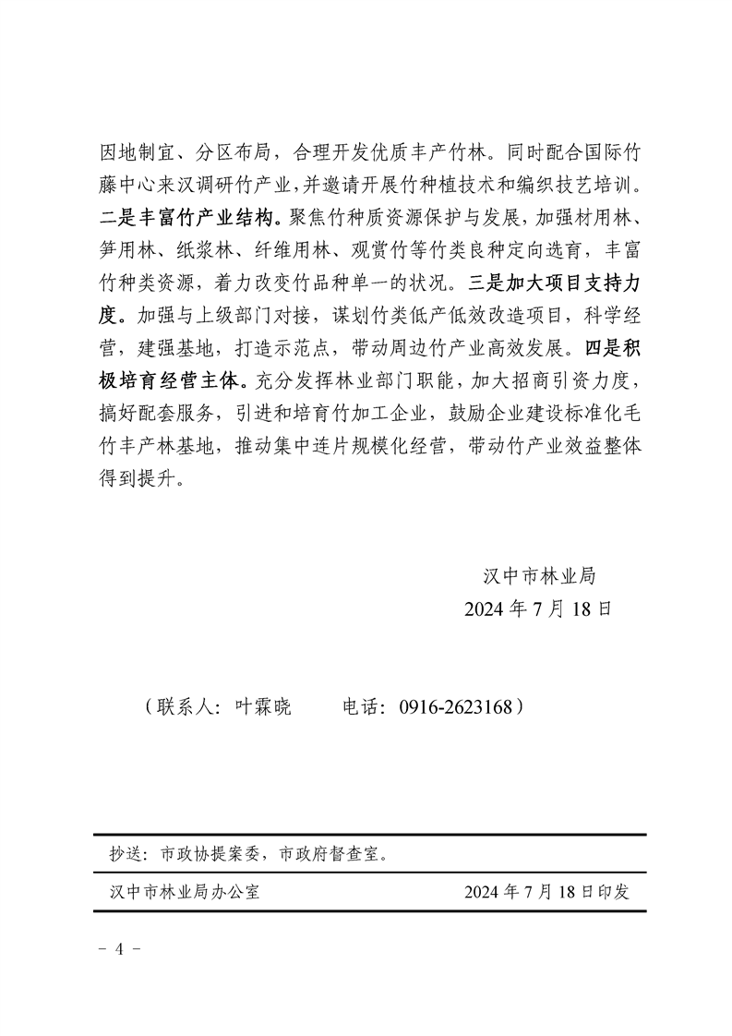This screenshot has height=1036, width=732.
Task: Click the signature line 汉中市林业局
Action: pos(539,576)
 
